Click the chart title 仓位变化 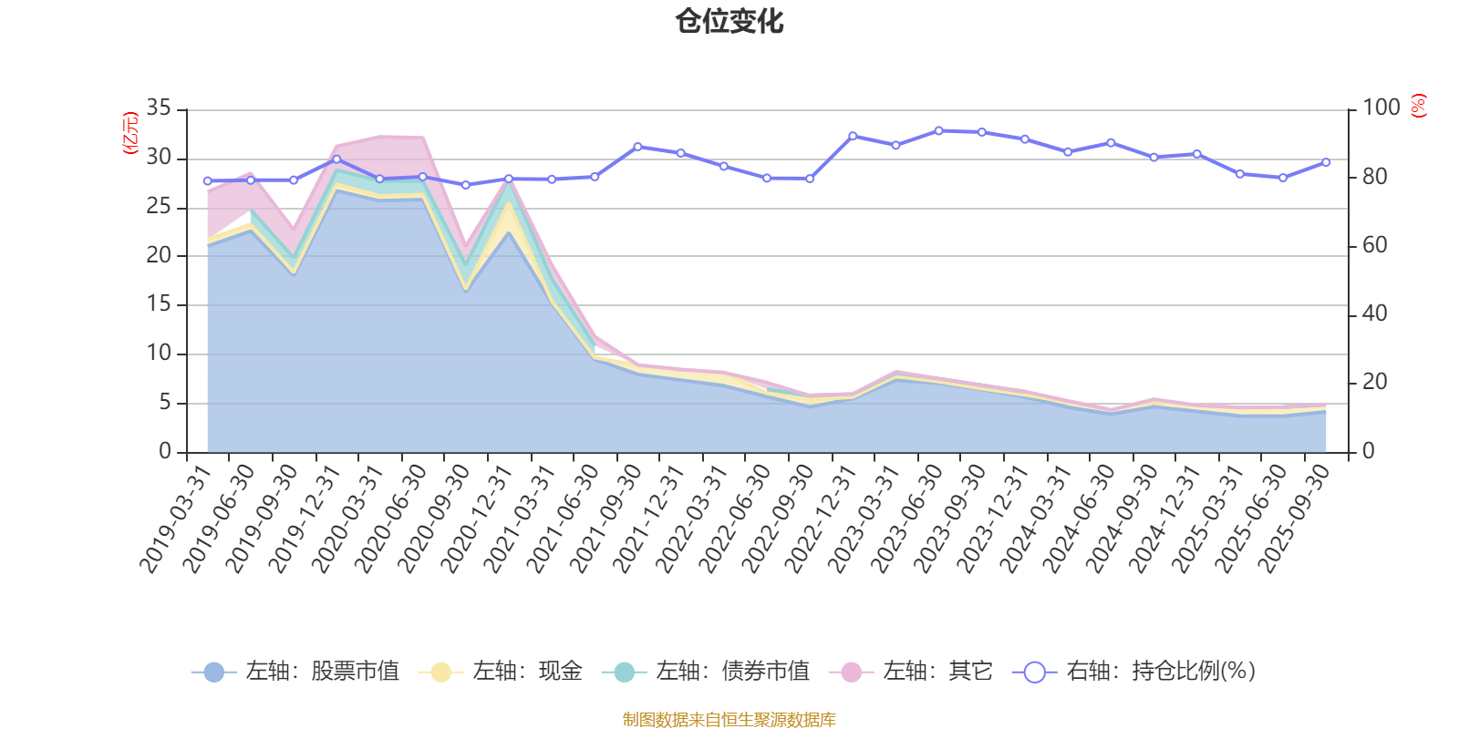click(729, 21)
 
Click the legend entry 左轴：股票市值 click(295, 672)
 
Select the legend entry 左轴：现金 click(501, 672)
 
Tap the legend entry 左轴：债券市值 click(706, 672)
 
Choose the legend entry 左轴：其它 click(911, 672)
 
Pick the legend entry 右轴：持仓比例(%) click(1134, 672)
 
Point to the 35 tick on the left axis click(159, 108)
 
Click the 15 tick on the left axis click(159, 304)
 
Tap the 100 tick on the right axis click(1381, 108)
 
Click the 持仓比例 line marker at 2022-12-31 click(853, 136)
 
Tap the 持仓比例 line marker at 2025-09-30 click(1326, 162)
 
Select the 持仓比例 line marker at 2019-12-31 click(336, 159)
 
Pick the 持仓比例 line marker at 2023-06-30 click(938, 130)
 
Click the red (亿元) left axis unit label click(130, 133)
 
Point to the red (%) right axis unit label click(1419, 106)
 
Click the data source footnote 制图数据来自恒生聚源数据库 click(729, 720)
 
